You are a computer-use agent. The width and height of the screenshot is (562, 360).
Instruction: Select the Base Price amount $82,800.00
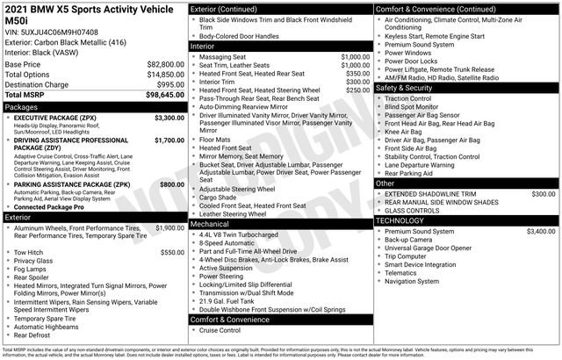click(165, 65)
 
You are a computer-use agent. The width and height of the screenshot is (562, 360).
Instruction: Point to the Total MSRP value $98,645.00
click(165, 95)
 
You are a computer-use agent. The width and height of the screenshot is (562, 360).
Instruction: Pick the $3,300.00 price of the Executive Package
click(169, 117)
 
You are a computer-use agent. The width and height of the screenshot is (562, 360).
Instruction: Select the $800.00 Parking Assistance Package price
click(171, 185)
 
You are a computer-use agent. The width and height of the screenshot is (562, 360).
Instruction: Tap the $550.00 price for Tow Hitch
click(171, 252)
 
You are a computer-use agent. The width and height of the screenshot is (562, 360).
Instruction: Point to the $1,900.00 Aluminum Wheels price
click(169, 227)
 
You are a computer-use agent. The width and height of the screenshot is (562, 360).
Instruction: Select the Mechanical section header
click(210, 225)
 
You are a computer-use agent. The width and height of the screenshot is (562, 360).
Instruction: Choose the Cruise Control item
click(220, 330)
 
